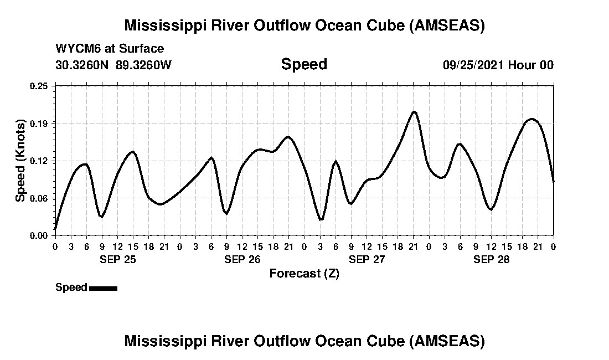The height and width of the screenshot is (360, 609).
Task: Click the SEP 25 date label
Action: point(117,259)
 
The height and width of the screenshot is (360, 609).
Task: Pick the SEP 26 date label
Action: point(242,259)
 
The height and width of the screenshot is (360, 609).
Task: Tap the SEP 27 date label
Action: point(367,259)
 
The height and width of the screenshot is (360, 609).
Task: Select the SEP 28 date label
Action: point(491,259)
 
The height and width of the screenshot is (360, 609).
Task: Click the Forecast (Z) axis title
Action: point(304,274)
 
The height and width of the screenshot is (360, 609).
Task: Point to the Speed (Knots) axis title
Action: point(20,160)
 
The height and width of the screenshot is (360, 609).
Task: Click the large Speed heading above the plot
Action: point(304,64)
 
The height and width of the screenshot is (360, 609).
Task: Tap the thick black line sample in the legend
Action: point(103,288)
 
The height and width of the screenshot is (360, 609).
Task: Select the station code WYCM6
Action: point(74,49)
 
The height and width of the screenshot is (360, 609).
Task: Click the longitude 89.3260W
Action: point(144,65)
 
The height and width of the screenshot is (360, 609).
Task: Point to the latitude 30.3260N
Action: point(83,65)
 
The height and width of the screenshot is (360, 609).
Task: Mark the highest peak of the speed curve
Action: point(414,112)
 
